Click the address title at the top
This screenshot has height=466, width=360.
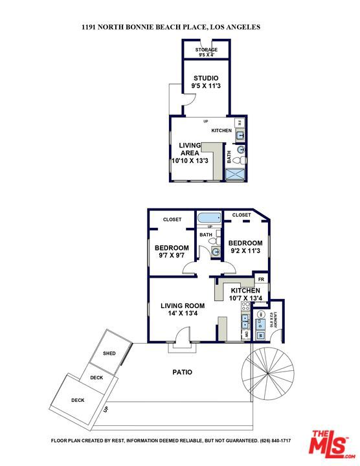click(171, 27)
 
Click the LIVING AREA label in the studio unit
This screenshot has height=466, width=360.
click(189, 153)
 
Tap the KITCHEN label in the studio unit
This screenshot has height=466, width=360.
click(221, 131)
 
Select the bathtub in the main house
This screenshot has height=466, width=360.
click(209, 218)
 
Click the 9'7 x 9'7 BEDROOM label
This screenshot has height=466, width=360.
click(172, 251)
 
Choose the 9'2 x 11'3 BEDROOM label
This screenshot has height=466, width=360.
click(244, 247)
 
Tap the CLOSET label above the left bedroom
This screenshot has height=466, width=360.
click(172, 219)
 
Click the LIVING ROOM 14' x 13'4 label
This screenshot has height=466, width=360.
click(183, 309)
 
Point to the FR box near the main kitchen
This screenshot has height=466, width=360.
click(262, 279)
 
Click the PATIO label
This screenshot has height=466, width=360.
click(182, 372)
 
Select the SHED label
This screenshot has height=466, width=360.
click(109, 353)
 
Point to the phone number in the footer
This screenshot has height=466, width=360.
click(275, 441)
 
